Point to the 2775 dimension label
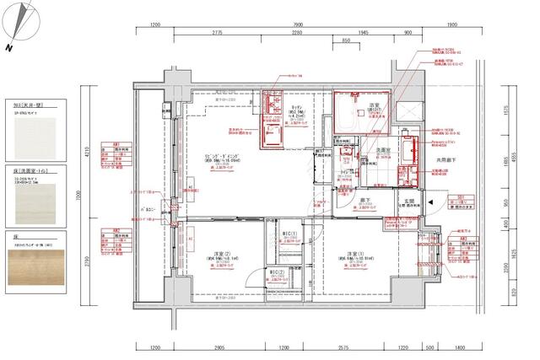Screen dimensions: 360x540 [217, 33]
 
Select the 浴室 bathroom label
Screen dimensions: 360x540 [373, 105]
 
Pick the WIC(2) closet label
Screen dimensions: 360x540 [276, 271]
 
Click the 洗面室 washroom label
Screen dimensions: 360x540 [381, 149]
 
